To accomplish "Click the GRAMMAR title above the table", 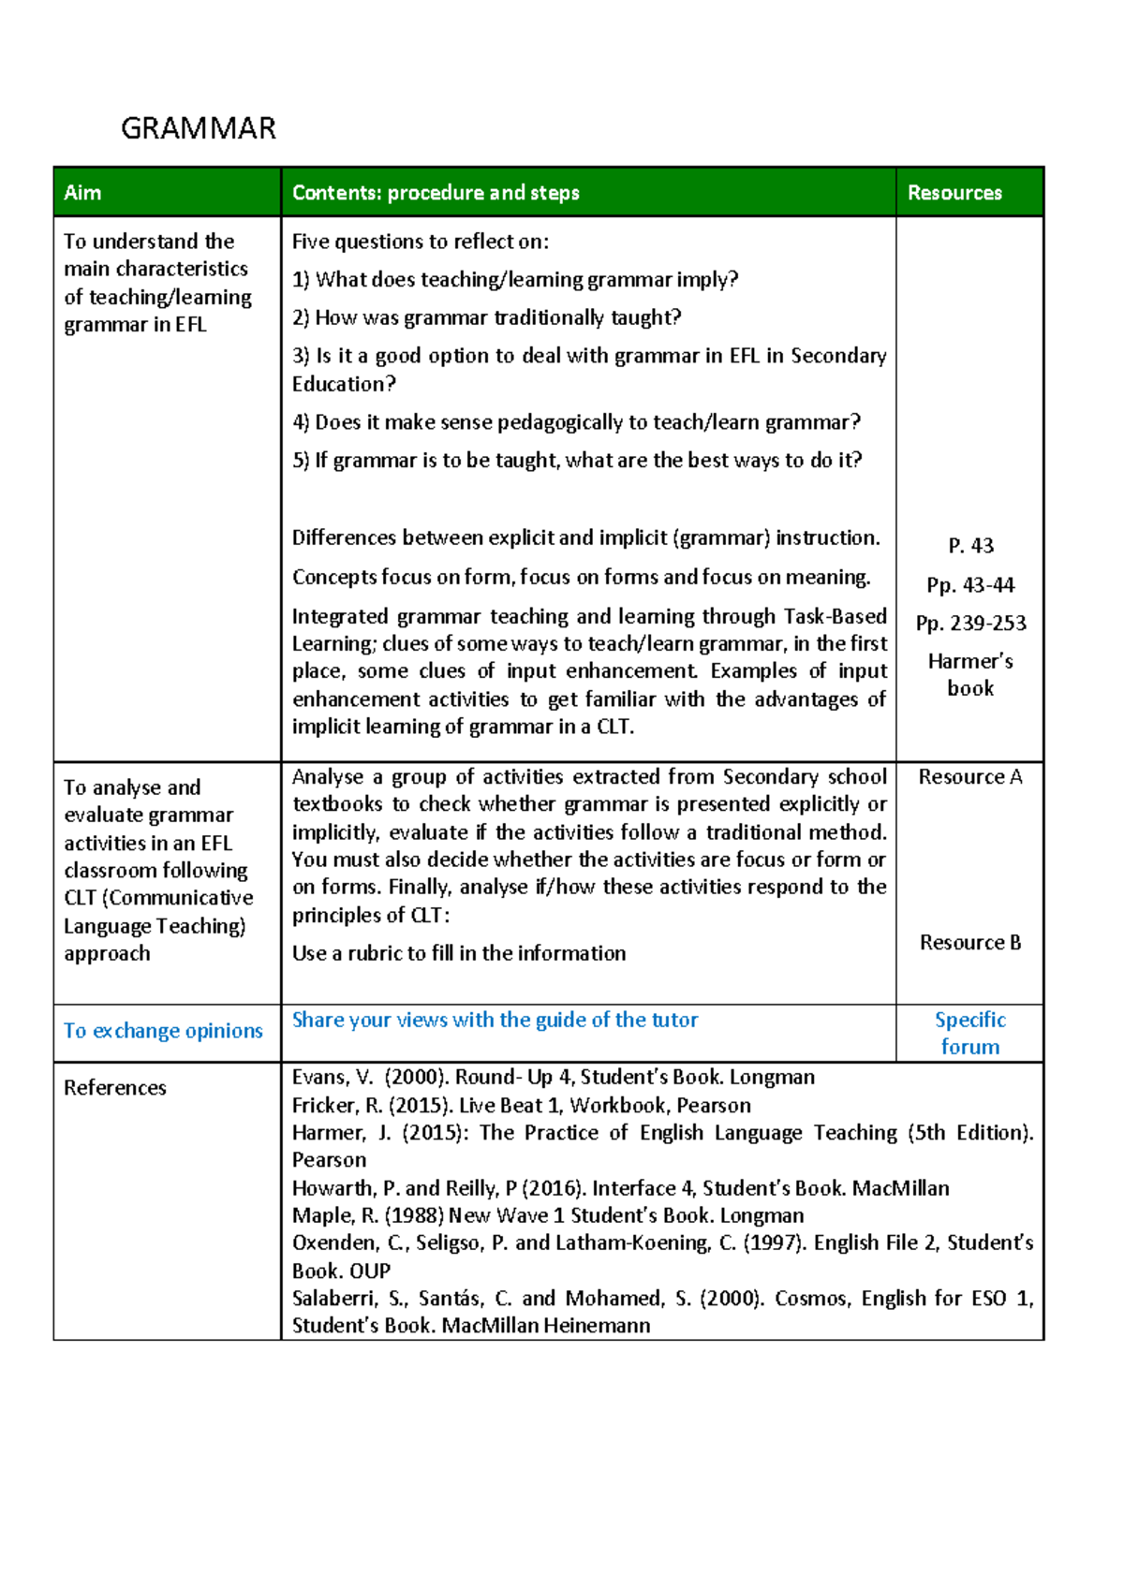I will click(199, 128).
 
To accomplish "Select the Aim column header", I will click(82, 193).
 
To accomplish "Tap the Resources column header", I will click(954, 193).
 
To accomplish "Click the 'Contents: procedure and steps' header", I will click(436, 193).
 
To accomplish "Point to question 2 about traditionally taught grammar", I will click(486, 317).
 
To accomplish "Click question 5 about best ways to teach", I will click(576, 460).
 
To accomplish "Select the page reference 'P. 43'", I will click(970, 546).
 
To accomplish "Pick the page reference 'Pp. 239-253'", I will click(970, 624).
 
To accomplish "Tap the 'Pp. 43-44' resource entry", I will click(970, 585).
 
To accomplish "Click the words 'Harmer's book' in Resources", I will click(970, 674).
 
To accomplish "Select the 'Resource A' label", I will click(969, 777).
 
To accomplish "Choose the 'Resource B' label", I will click(969, 943).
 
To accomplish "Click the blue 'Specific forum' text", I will click(969, 1033).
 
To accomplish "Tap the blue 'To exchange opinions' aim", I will click(163, 1031).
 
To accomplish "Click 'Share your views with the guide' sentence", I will click(495, 1020).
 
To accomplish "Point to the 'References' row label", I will click(115, 1088).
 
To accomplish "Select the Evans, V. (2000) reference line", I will click(553, 1078).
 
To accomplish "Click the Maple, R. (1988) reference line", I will click(547, 1215).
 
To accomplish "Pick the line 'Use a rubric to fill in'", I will click(459, 953).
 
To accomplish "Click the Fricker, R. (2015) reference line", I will click(521, 1105).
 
